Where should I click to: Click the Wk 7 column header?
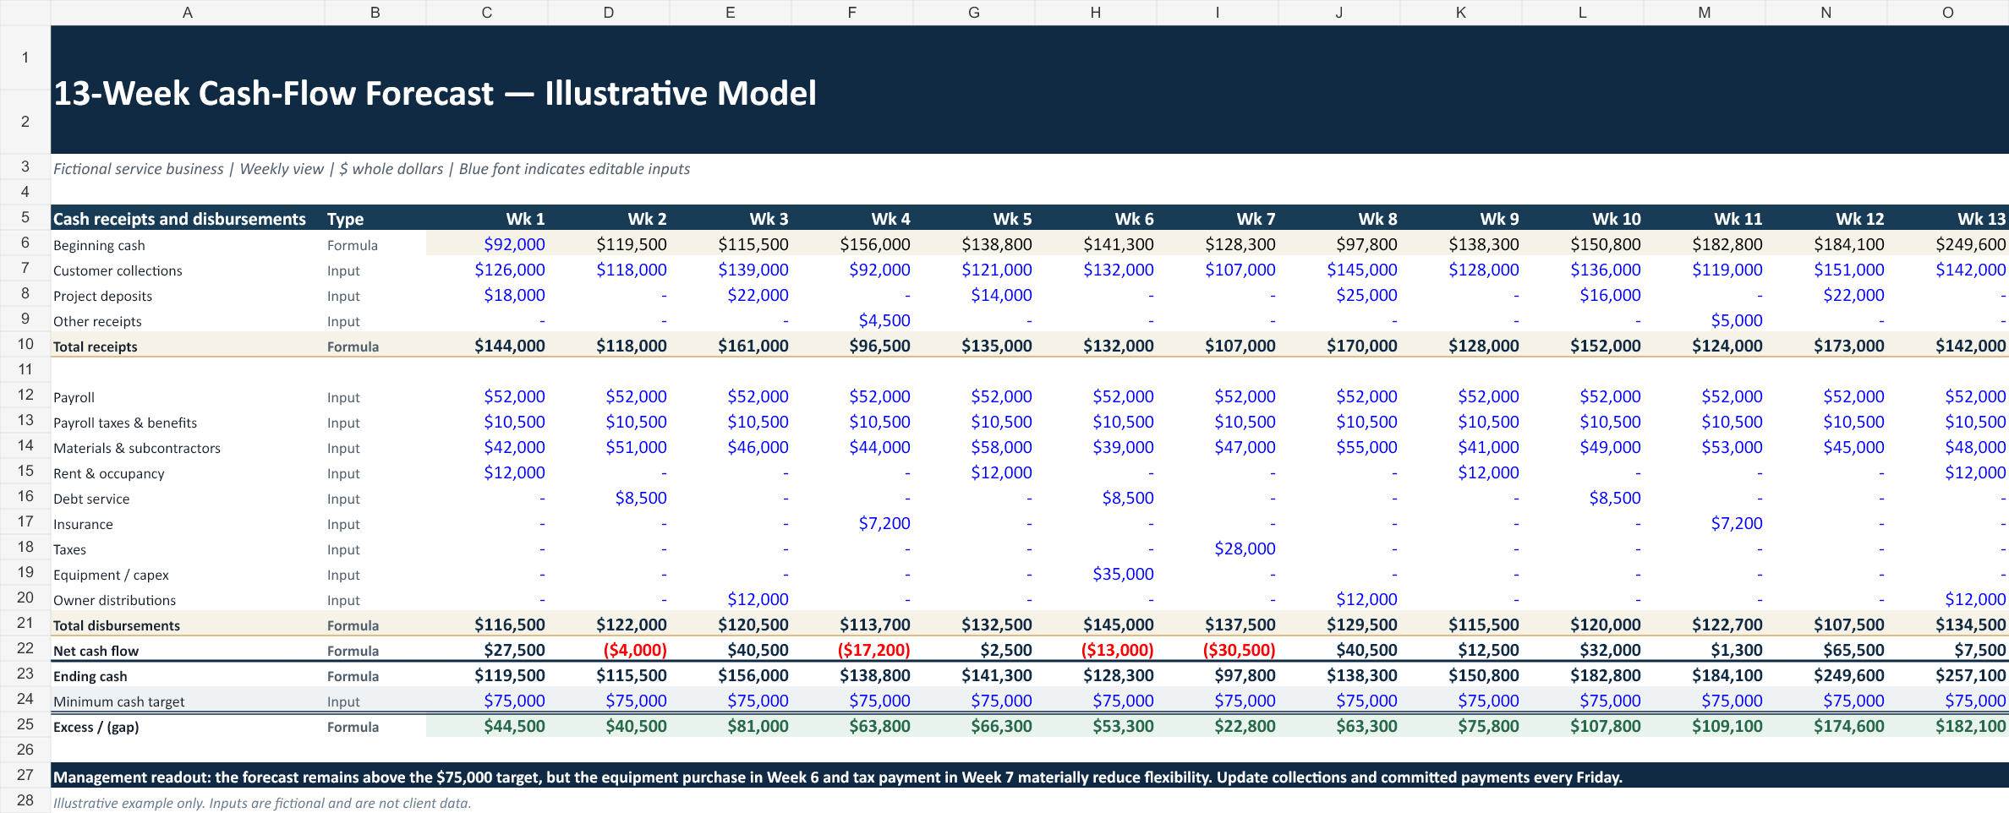click(x=1256, y=219)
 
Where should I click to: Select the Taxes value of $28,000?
click(x=1245, y=548)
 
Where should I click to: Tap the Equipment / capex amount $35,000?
click(x=1123, y=574)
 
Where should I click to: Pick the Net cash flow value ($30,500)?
click(x=1239, y=650)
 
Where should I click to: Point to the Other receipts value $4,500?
click(x=884, y=320)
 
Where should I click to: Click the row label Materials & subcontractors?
click(x=137, y=448)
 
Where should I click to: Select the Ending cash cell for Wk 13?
click(x=1970, y=675)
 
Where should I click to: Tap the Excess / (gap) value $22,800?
click(x=1245, y=726)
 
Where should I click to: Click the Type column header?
click(x=345, y=219)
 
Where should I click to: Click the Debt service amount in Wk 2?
click(x=641, y=498)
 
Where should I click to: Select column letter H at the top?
click(x=1095, y=13)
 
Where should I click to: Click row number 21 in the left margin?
click(x=25, y=623)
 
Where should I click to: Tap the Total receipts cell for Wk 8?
click(x=1362, y=346)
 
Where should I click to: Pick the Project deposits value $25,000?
click(x=1366, y=295)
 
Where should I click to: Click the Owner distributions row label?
click(x=114, y=600)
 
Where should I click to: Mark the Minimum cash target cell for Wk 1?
click(x=514, y=701)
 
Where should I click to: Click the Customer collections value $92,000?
click(x=879, y=270)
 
